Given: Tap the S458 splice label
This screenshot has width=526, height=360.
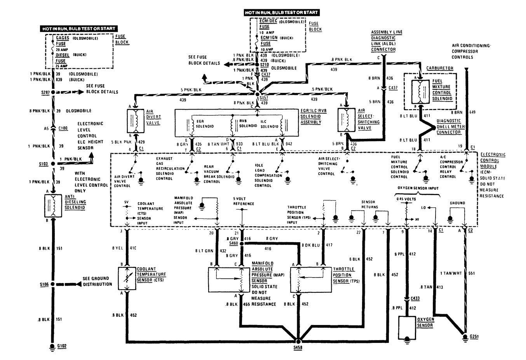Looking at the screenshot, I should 298,347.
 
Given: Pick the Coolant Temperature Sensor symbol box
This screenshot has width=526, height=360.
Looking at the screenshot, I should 127,278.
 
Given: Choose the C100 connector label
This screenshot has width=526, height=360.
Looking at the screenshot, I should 63,128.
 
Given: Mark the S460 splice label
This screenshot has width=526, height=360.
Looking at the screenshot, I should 233,243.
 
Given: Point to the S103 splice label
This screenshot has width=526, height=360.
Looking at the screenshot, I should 44,164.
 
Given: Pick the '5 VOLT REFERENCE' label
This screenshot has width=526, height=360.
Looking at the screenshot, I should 244,201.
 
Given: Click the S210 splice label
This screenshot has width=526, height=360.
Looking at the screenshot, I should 265,64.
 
